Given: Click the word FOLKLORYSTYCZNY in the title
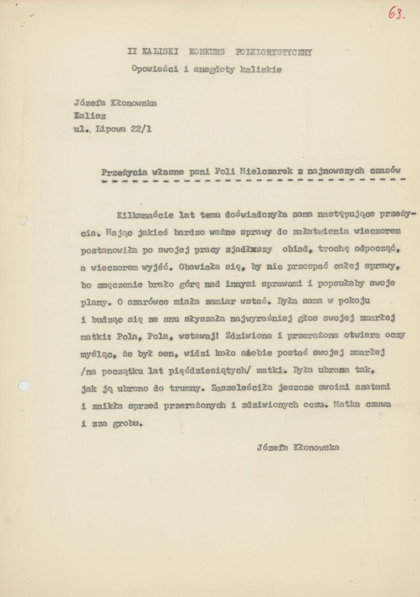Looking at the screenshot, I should pyautogui.click(x=273, y=52).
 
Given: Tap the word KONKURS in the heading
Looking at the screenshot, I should pyautogui.click(x=207, y=52).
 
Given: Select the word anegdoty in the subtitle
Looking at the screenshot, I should pyautogui.click(x=214, y=69).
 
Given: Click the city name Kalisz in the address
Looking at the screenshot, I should pyautogui.click(x=90, y=116).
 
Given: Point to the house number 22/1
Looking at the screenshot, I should pyautogui.click(x=141, y=129).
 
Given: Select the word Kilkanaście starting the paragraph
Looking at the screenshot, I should pyautogui.click(x=145, y=215).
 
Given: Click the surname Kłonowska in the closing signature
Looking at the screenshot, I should pyautogui.click(x=316, y=447).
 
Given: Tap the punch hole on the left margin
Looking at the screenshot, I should pyautogui.click(x=22, y=386).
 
